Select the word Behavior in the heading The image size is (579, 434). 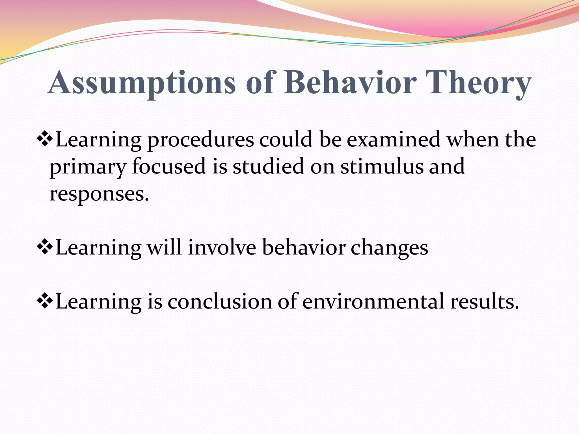pos(350,83)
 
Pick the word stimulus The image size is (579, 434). pos(382,166)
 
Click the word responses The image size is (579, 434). pos(99,194)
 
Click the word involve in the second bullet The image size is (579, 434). pos(222,248)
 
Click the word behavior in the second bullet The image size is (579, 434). pos(304,248)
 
